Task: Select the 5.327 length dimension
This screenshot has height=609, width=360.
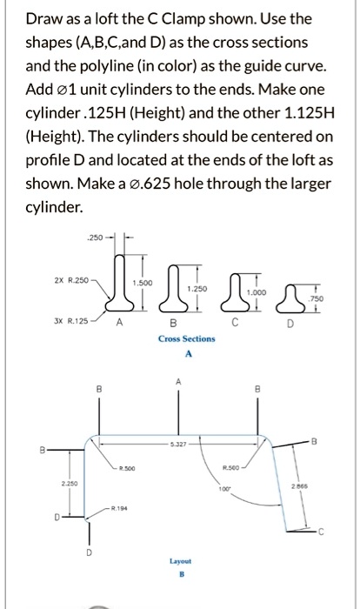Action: pos(180,444)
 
